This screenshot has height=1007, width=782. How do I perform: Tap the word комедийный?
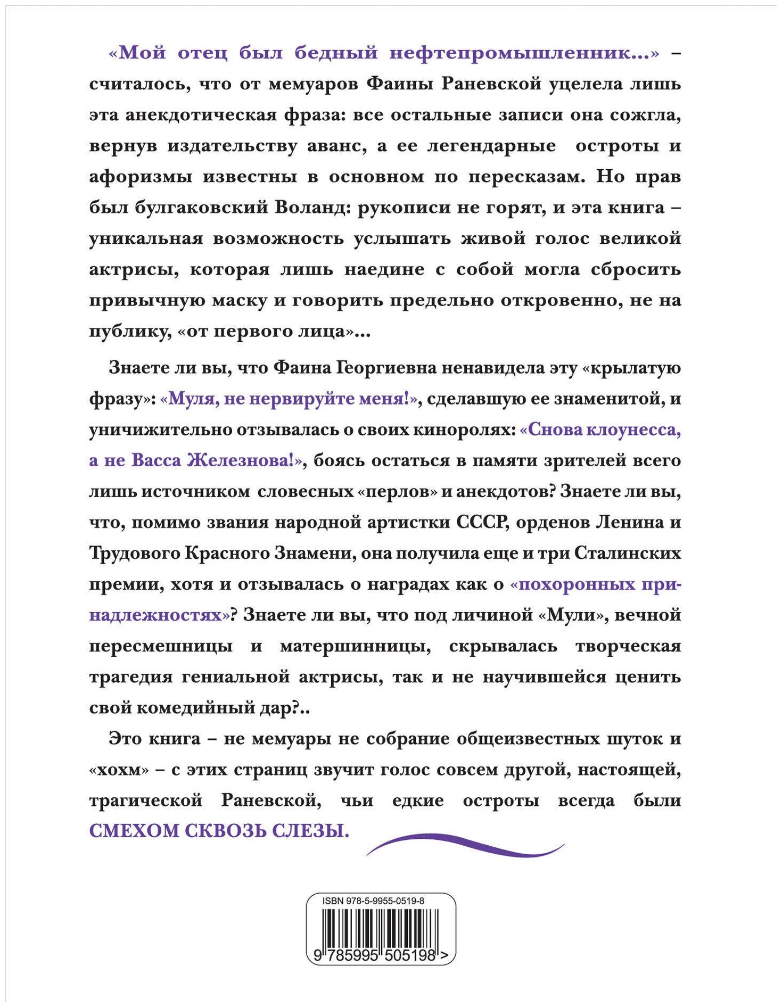213,708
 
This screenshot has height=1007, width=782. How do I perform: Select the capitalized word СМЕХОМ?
133,831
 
